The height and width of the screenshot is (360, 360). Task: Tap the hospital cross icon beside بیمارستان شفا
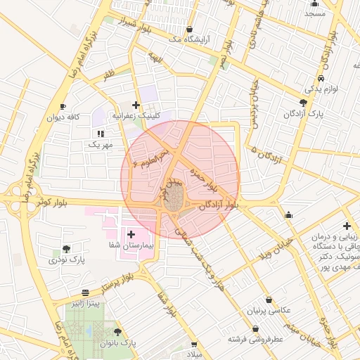[x=131, y=233]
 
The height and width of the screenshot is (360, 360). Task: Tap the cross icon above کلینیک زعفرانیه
[x=136, y=105]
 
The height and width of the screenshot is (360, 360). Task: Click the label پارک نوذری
[x=66, y=259]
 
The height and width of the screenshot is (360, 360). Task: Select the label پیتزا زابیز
[x=85, y=302]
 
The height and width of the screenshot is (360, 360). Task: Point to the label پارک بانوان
[x=117, y=342]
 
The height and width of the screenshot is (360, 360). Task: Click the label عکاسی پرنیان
[x=267, y=310]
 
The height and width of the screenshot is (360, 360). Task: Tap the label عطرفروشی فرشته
[x=255, y=339]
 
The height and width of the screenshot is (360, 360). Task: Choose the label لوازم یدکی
[x=321, y=90]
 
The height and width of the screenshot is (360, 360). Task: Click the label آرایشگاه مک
[x=189, y=39]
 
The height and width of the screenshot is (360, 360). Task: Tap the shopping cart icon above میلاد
[x=194, y=345]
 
